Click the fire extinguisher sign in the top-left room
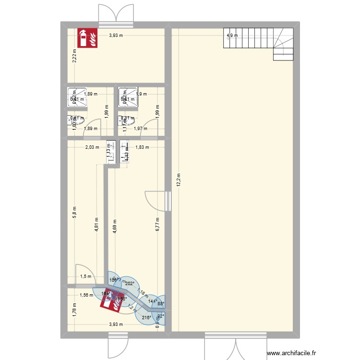click(87, 38)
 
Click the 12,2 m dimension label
click(178, 182)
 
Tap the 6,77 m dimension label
click(157, 225)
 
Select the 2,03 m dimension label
click(92, 147)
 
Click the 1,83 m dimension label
click(142, 147)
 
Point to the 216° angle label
click(146, 318)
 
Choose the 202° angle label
click(129, 284)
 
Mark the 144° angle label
click(152, 301)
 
